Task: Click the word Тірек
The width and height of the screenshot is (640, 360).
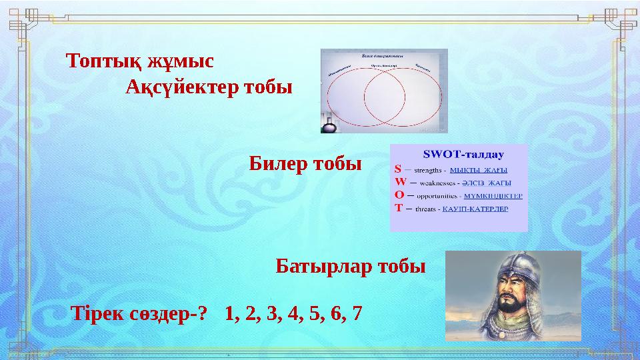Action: point(97,313)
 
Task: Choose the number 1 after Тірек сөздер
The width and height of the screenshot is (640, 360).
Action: point(231,313)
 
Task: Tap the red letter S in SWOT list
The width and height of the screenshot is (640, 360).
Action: point(398,169)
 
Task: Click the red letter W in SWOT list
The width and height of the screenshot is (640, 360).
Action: point(400,182)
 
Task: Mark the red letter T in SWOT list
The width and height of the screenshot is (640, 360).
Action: point(398,207)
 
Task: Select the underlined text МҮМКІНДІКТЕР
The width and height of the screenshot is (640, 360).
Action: point(493,196)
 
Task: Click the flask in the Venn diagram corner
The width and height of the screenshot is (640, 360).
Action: point(329,125)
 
